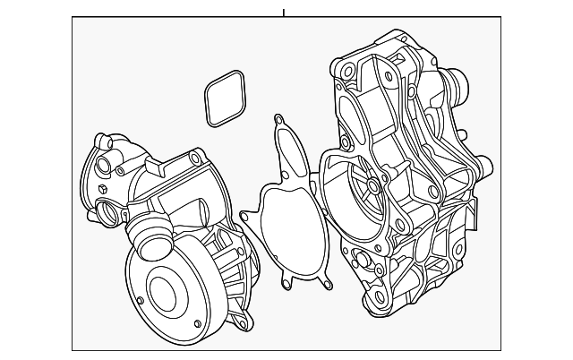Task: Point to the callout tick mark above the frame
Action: point(283,12)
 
